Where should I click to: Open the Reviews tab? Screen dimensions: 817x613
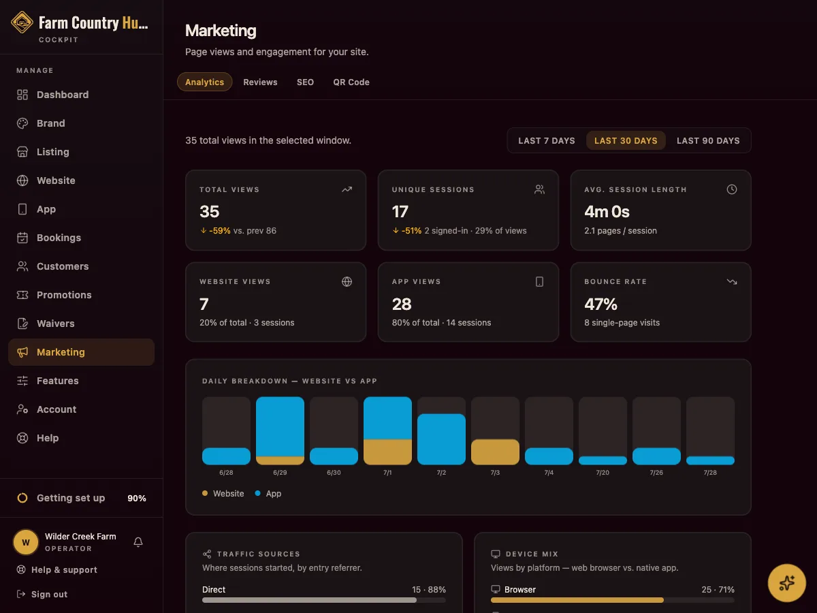tap(260, 82)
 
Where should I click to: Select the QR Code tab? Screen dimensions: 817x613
tap(351, 82)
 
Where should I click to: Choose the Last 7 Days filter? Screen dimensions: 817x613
tap(547, 141)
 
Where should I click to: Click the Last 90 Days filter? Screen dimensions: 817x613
tap(708, 141)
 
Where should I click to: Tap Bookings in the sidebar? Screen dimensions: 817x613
tap(59, 238)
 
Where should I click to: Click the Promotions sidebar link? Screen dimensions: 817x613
tap(64, 295)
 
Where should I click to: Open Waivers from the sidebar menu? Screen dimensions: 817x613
tap(55, 324)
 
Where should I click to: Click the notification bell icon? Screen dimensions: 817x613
tap(138, 542)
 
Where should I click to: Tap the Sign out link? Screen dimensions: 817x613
tap(49, 594)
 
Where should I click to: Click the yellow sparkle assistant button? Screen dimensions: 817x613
tap(786, 583)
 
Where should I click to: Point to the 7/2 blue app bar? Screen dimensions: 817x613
tap(441, 439)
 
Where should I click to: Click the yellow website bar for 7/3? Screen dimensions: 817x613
tap(495, 452)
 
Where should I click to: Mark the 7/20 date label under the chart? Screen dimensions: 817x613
tap(603, 472)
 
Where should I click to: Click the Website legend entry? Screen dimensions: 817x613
tap(223, 494)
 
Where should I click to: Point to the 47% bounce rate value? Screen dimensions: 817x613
tap(600, 304)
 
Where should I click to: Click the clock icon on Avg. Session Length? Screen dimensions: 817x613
tap(731, 189)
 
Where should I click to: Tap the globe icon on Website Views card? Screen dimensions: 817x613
tap(347, 282)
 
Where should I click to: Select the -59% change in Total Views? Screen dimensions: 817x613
tap(220, 231)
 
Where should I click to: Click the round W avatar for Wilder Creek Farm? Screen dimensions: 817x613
tap(26, 542)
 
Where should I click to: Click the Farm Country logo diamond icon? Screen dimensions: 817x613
tap(22, 22)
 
